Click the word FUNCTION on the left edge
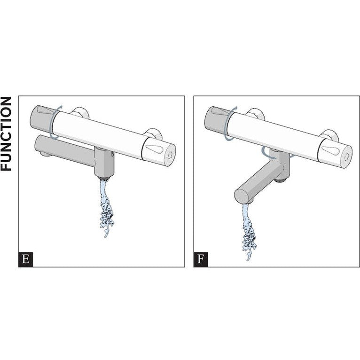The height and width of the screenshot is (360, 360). point(6,133)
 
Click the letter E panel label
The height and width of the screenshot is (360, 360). point(25,259)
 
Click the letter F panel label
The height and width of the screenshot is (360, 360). point(201,259)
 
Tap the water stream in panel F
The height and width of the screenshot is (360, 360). point(249,232)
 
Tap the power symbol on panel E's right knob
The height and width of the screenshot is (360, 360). point(170,156)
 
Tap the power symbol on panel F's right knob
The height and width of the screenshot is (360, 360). point(346,157)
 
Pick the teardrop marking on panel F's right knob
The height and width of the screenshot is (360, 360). point(330,150)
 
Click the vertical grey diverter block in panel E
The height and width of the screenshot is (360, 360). point(104,162)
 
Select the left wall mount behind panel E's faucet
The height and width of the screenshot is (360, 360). point(79,113)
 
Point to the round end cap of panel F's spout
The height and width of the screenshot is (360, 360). point(241,197)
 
